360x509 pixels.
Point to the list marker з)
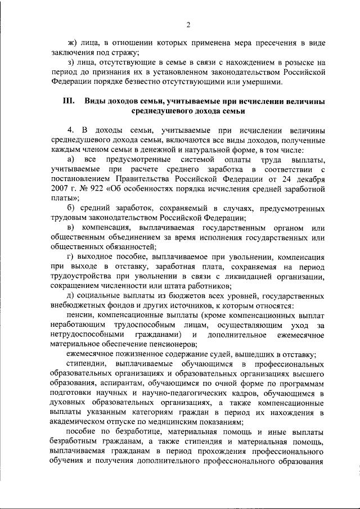(71, 63)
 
